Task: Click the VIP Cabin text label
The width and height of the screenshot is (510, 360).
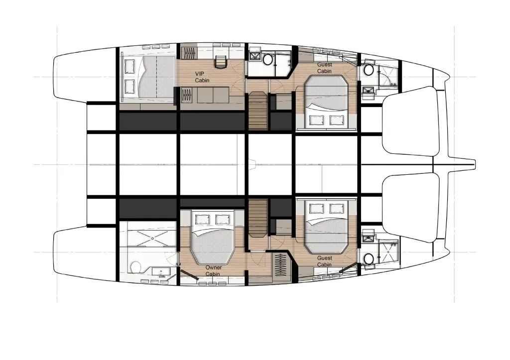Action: tap(202, 77)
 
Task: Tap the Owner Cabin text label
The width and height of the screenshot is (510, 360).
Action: tap(213, 270)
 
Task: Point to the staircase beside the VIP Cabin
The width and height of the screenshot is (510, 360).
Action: tap(258, 111)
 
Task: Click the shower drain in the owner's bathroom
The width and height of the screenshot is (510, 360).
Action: tap(152, 238)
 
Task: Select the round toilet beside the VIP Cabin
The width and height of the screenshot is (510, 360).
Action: tap(268, 60)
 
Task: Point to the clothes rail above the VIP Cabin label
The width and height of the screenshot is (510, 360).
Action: tap(189, 53)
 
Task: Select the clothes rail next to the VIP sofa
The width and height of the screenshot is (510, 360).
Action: tap(188, 95)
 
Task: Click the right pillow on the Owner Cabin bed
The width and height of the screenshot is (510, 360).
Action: tap(222, 219)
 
